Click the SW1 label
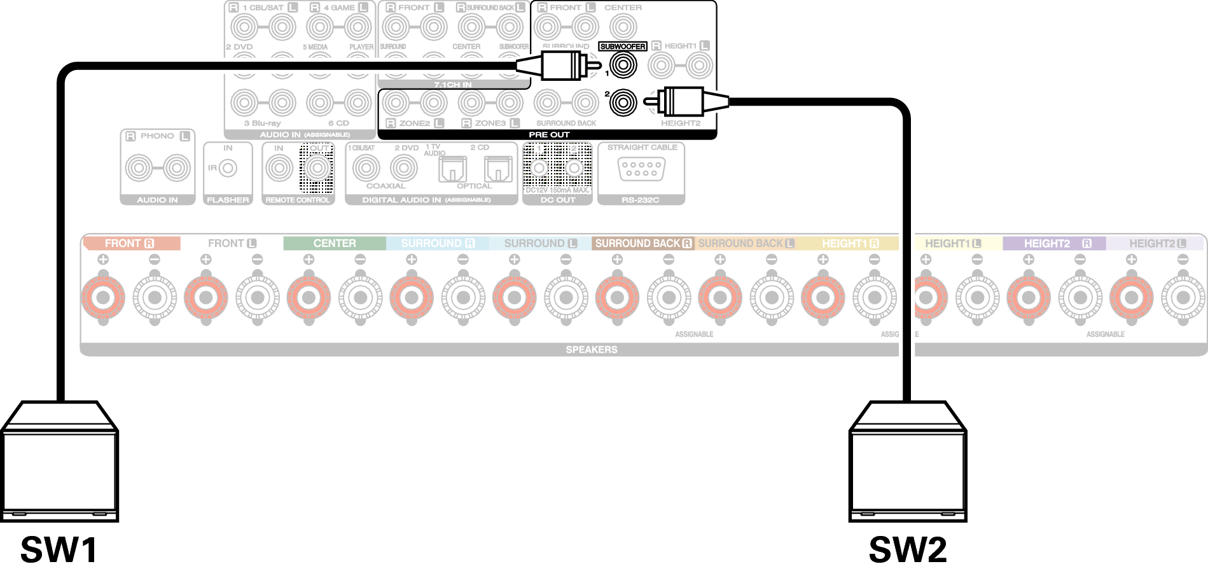(59, 549)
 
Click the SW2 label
(907, 549)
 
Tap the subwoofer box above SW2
(907, 464)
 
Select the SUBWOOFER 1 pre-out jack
(623, 64)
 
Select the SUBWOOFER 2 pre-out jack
(623, 102)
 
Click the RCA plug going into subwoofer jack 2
(684, 101)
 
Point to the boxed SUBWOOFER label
(623, 46)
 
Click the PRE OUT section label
(549, 135)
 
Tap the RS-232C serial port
(641, 169)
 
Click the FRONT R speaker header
(130, 243)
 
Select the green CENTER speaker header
(334, 243)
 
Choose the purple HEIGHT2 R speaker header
(1054, 243)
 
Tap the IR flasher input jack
(228, 169)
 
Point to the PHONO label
(157, 136)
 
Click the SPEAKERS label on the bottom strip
(591, 349)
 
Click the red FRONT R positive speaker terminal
(103, 297)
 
